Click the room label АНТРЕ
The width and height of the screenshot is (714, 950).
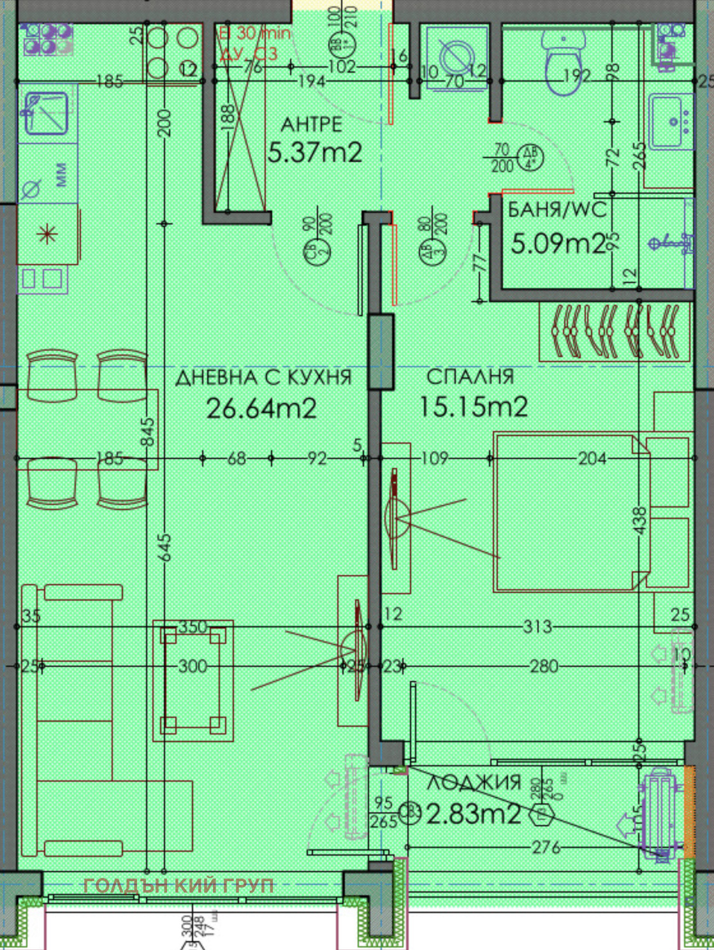coord(311,124)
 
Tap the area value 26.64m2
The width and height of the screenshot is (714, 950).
coord(261,408)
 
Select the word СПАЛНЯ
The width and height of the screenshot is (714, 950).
coord(470,376)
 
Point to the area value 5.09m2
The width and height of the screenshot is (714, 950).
coord(557,243)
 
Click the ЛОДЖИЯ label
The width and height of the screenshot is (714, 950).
coord(474,782)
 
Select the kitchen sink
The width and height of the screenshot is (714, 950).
coord(47,113)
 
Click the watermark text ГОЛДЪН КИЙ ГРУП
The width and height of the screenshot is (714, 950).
coord(179,886)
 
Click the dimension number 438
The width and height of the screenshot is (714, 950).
coord(640,520)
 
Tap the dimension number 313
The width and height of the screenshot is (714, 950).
coord(537,627)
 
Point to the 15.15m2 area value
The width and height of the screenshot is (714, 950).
coord(473,406)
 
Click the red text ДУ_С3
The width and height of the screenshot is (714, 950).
coord(248,54)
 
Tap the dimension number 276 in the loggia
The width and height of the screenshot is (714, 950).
coord(546,847)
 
